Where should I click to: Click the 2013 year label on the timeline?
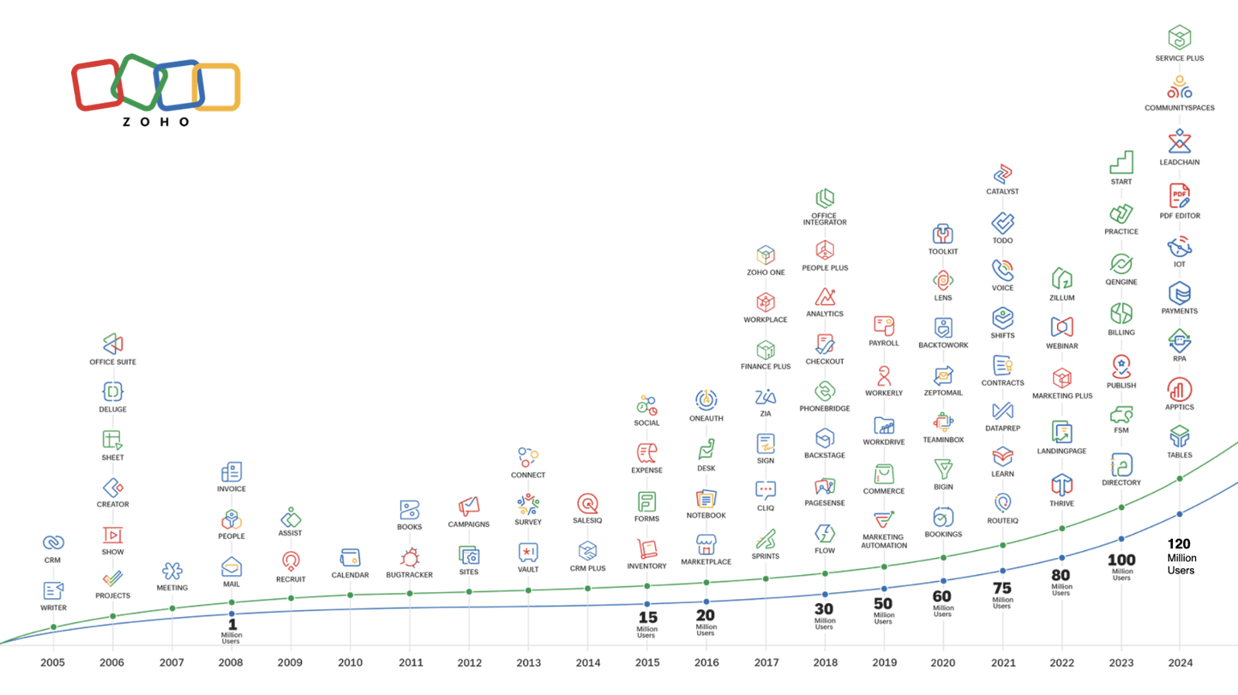click(x=528, y=662)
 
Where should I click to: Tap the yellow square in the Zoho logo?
click(x=217, y=87)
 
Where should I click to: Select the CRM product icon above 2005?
click(x=53, y=543)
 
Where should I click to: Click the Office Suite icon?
click(x=113, y=344)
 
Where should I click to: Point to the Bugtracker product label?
click(x=409, y=575)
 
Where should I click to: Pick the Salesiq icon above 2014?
click(x=587, y=504)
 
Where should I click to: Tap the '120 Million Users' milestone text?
click(x=1181, y=556)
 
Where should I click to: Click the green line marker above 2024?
click(x=1180, y=478)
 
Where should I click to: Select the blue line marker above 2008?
click(x=231, y=614)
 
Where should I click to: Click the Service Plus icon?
click(x=1179, y=37)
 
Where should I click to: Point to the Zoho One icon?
click(x=765, y=255)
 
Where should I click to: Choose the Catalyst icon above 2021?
click(x=1003, y=174)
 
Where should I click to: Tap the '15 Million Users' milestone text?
click(x=648, y=623)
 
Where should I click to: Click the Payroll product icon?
click(x=884, y=325)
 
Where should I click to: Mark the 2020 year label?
click(x=942, y=662)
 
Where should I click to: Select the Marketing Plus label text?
click(x=1062, y=396)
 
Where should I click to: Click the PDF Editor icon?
click(x=1179, y=196)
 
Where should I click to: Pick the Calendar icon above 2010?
click(x=350, y=557)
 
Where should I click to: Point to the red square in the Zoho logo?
click(x=97, y=85)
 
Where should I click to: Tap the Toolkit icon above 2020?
click(x=942, y=234)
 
